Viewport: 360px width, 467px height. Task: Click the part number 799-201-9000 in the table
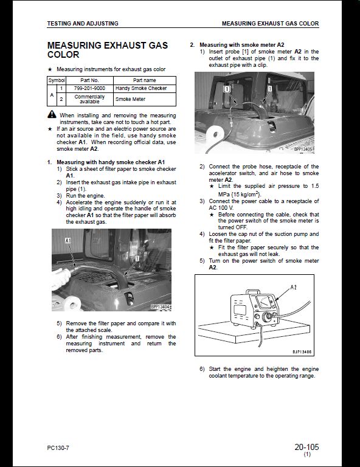point(89,88)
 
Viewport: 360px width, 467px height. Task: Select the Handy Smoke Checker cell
point(141,88)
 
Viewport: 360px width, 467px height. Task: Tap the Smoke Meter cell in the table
point(130,99)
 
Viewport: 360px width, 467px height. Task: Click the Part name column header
point(144,80)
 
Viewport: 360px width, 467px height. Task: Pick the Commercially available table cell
point(89,99)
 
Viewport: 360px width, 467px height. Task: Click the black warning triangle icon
point(52,114)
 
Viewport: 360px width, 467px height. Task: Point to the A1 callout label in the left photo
point(68,240)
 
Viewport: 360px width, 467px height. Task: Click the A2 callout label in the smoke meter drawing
point(293,288)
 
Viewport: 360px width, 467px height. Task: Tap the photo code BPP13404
point(161,306)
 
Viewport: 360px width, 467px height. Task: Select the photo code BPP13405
point(303,149)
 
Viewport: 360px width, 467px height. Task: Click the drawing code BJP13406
point(302,351)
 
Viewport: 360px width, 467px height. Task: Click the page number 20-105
point(306,447)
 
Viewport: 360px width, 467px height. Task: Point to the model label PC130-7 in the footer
point(58,448)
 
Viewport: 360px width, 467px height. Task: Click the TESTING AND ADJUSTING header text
point(83,24)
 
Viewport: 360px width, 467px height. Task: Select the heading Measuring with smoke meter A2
point(242,45)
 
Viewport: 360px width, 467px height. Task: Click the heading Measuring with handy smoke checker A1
point(111,162)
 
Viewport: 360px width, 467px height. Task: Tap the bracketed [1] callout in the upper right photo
point(227,89)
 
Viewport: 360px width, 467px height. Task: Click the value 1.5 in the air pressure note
point(315,186)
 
